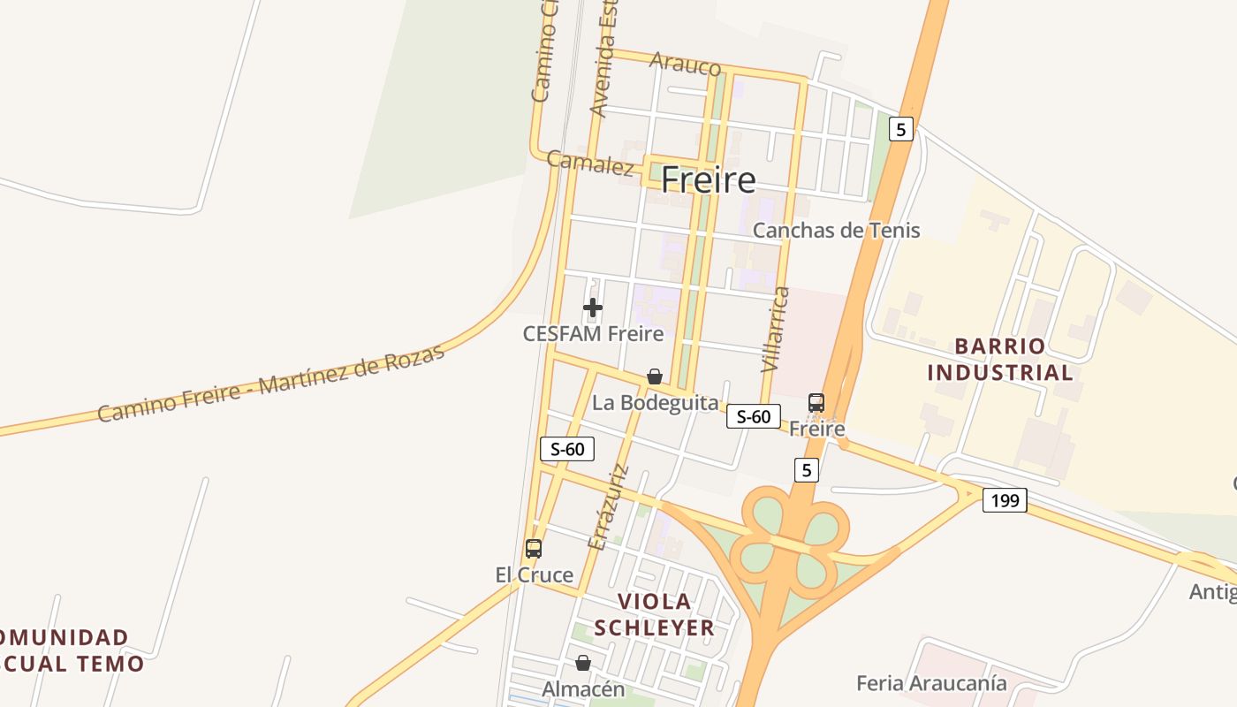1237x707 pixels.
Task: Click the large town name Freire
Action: (708, 180)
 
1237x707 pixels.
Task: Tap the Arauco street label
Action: (685, 63)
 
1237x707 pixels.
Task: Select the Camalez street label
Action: (589, 163)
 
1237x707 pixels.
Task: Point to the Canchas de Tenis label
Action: (836, 231)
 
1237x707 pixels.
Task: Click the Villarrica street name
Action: (773, 329)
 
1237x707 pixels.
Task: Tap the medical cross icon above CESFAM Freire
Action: (593, 308)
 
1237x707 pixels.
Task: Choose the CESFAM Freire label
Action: (593, 333)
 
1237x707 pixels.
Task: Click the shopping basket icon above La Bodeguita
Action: (655, 376)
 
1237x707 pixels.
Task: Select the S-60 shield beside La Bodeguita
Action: (754, 416)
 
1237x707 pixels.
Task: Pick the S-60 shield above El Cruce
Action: (567, 449)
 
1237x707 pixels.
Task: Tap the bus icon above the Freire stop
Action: (816, 402)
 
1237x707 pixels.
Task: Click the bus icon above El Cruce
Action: (534, 548)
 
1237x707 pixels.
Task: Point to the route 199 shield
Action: (1005, 501)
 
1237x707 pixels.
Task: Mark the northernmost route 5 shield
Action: (900, 130)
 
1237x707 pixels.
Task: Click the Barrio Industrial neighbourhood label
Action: (1000, 359)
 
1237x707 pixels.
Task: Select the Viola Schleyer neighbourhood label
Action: (655, 614)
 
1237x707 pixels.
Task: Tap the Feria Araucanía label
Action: (931, 683)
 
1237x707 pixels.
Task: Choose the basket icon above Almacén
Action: (583, 663)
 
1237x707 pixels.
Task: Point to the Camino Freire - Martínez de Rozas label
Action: (270, 384)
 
